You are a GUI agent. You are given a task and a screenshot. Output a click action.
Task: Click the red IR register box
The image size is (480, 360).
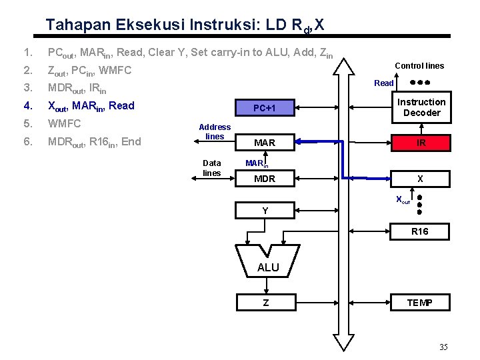(x=421, y=143)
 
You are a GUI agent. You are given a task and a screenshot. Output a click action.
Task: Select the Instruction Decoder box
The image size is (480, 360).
(x=421, y=107)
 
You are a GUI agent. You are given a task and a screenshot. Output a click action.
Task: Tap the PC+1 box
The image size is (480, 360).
(x=265, y=108)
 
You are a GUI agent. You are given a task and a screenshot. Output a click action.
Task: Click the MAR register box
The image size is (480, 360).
(x=265, y=143)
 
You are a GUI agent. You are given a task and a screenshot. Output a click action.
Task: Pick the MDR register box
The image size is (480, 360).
(x=265, y=179)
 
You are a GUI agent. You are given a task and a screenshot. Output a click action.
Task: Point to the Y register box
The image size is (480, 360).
(x=265, y=211)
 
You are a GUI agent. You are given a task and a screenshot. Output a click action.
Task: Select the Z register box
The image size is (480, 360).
(x=265, y=303)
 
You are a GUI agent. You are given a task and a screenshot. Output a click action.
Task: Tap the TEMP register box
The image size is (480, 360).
(x=420, y=303)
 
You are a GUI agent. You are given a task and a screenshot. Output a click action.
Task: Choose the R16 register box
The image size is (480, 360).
(x=420, y=231)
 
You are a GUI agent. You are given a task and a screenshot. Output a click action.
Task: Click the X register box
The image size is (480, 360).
(x=420, y=179)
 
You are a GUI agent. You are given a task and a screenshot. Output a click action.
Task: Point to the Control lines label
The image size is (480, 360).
(x=419, y=65)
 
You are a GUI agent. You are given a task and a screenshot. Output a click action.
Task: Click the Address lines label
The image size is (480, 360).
(x=215, y=131)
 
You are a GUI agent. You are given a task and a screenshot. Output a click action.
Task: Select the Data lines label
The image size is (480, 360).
(x=212, y=167)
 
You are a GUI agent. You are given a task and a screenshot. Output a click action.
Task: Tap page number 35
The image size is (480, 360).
(x=443, y=347)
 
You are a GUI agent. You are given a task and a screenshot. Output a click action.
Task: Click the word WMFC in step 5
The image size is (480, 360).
(x=64, y=123)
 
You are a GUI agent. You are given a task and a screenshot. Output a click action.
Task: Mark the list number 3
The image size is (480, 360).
(x=26, y=88)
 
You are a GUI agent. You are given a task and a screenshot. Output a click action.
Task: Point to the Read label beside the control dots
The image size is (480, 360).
(x=384, y=83)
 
